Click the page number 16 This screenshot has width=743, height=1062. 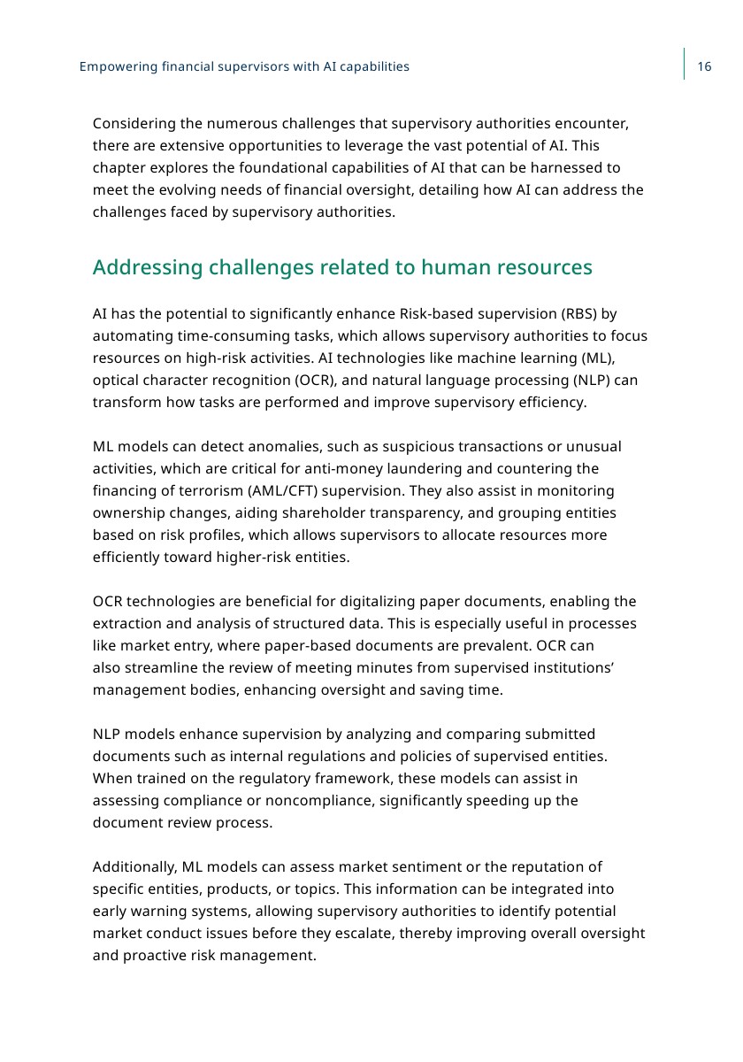(705, 66)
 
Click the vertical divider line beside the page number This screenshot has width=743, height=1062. (685, 64)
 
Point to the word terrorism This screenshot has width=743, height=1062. (189, 490)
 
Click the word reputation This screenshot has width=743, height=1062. (540, 867)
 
